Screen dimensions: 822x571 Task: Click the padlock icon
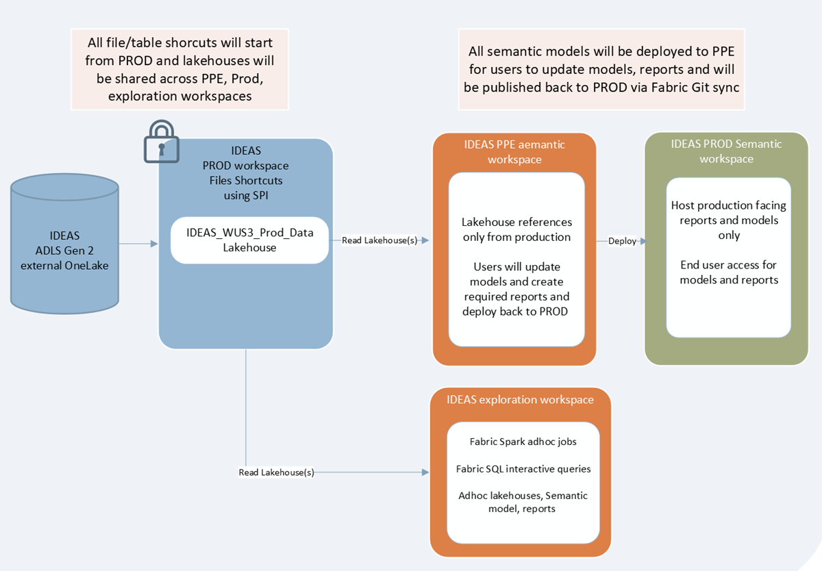pos(162,142)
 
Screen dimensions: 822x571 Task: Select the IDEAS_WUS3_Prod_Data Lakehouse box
pos(249,240)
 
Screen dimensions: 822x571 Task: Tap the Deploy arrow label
pos(622,241)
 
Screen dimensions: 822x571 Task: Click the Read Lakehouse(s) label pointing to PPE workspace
pos(379,240)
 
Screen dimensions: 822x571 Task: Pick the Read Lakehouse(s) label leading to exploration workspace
pos(276,472)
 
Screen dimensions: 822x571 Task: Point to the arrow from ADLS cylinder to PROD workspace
pos(138,244)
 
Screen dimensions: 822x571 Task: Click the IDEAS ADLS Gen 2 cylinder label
pos(64,251)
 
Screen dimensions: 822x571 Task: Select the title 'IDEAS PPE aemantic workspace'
pos(514,152)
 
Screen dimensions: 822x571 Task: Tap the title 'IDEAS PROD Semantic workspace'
pos(726,151)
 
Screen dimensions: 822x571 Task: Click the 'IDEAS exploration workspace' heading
pos(520,399)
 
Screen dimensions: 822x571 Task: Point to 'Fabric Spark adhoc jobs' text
pos(523,442)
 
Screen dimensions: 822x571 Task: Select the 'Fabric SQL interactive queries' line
pos(523,469)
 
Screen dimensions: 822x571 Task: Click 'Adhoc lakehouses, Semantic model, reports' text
pos(523,502)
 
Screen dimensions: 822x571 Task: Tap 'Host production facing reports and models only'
pos(729,220)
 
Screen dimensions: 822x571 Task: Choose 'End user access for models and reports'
pos(729,272)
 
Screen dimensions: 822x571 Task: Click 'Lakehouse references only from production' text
pos(516,229)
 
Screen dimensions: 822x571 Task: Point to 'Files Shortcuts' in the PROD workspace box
pos(246,181)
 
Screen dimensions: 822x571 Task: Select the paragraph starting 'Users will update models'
pos(516,289)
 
